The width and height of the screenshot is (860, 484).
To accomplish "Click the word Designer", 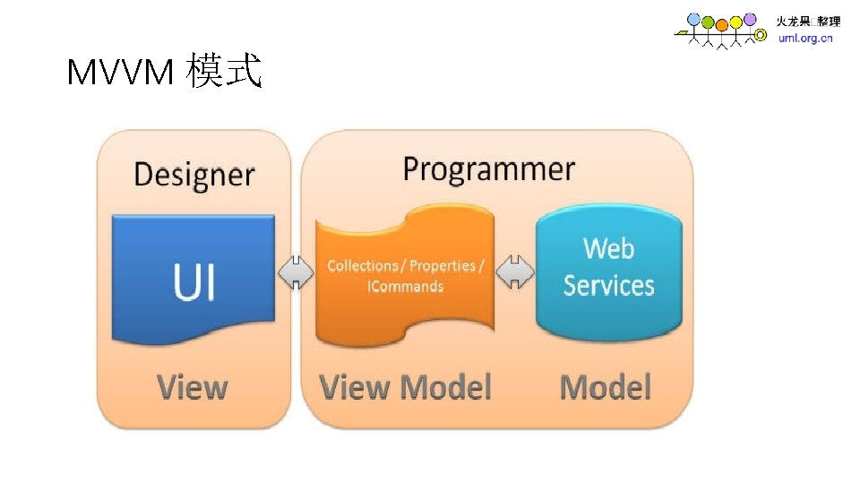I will pos(193,174).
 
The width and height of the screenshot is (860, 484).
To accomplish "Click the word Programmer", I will pos(488,169).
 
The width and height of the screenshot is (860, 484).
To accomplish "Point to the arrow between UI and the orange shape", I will pos(297,272).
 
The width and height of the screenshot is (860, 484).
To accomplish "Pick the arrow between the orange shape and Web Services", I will pos(515,272).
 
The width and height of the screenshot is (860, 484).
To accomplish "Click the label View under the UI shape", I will pos(192,387).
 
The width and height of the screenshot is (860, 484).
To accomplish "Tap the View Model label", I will pos(406,387).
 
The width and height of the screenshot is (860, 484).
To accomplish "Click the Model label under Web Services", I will pos(605,387).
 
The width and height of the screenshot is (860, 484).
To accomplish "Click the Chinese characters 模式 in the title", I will pos(224,72).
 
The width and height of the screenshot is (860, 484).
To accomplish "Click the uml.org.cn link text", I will pos(805,39).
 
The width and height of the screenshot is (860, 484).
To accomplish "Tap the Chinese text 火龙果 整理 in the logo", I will pos(807,22).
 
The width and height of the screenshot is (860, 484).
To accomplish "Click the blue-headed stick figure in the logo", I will pos(693,20).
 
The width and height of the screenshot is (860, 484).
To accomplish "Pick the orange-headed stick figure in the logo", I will pos(722,24).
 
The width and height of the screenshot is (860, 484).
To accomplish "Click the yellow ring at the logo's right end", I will pos(761,36).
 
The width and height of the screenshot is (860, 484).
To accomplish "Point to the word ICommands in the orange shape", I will pos(405,287).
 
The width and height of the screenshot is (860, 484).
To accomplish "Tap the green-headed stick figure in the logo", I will pos(708,22).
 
